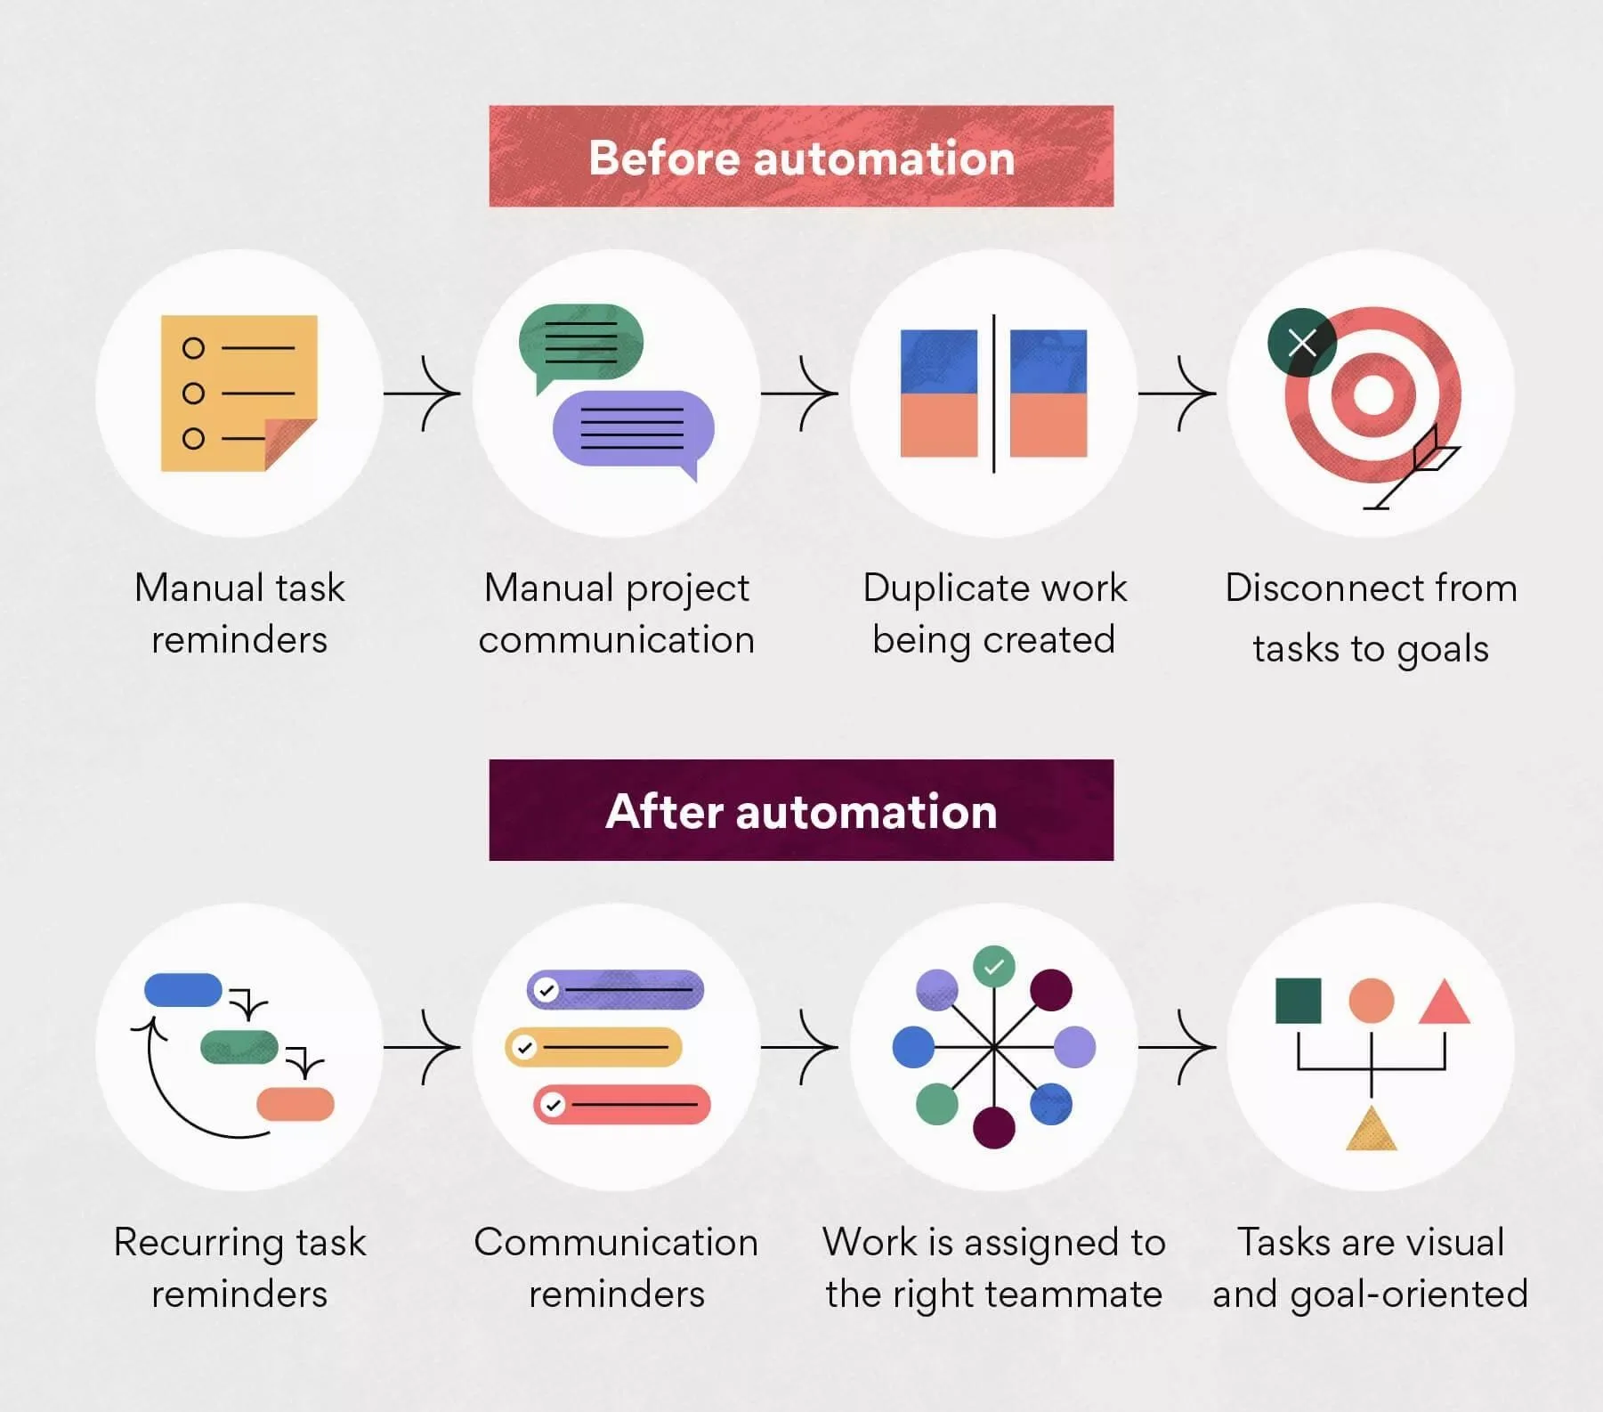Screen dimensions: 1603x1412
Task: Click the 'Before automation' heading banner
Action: click(801, 157)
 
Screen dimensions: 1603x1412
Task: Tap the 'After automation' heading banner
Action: click(801, 810)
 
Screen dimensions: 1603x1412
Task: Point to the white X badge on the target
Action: click(1302, 343)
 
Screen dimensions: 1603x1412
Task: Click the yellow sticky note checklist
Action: click(239, 393)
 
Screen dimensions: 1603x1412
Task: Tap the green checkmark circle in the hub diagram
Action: click(994, 967)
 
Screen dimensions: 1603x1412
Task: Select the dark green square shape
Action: click(1299, 1001)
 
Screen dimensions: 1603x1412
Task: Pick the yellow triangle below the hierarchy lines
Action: click(1372, 1128)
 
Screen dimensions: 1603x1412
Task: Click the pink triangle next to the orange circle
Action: click(1444, 1002)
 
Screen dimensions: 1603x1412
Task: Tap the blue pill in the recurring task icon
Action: click(183, 990)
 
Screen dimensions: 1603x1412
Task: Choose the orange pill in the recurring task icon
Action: click(296, 1104)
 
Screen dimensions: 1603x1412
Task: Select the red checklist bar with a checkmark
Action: click(622, 1105)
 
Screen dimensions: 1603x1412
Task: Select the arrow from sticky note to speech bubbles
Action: click(422, 393)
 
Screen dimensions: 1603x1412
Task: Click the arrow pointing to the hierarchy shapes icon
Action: click(1177, 1047)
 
